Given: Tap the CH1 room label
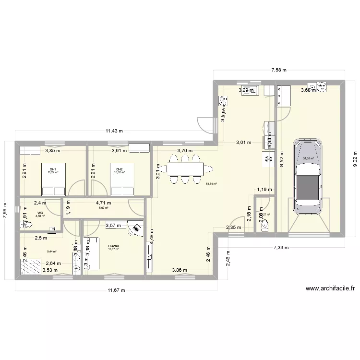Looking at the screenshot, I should point(53,169).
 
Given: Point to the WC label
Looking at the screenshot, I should point(40,212).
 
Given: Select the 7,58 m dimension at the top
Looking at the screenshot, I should point(278,70).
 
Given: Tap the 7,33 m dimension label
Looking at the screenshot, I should point(281,248).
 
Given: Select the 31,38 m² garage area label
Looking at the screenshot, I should point(308,158).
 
